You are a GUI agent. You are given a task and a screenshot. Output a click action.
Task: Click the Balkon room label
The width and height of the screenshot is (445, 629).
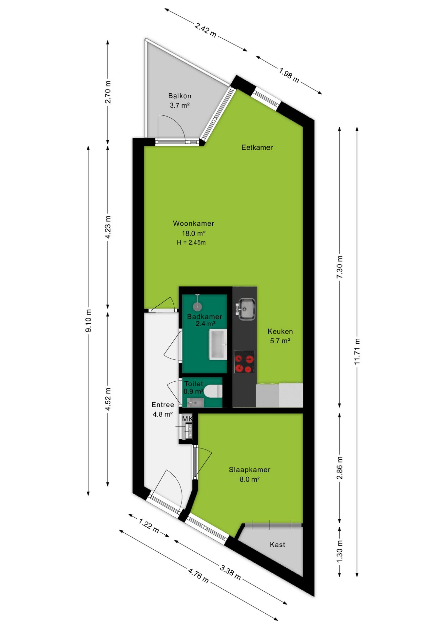pos(180,96)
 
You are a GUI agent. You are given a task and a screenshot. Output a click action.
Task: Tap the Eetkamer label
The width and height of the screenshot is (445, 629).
pos(257,147)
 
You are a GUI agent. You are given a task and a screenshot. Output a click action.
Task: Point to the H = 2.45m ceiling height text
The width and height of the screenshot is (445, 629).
pos(191,242)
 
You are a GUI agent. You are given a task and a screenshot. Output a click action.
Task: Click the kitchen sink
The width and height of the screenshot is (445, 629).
pos(245,309)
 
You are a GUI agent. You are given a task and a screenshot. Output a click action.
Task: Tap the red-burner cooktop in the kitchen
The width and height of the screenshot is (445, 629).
pos(244,362)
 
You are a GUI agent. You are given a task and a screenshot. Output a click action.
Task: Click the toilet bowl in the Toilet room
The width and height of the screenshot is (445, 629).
pos(214,391)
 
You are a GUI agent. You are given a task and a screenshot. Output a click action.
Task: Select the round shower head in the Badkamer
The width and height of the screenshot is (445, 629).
pos(197,306)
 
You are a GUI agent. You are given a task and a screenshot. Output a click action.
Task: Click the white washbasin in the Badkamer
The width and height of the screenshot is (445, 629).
pos(218,344)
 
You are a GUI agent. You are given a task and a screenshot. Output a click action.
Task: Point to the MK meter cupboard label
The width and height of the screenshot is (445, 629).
pos(187,419)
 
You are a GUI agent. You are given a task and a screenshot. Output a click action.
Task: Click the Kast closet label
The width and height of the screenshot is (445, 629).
pos(277,544)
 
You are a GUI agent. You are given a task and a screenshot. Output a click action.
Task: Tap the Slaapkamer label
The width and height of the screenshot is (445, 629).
pos(249,469)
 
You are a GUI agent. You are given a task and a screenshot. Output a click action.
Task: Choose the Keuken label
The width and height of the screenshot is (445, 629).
pos(280,331)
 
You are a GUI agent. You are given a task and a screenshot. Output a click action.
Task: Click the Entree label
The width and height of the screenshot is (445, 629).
pos(163,405)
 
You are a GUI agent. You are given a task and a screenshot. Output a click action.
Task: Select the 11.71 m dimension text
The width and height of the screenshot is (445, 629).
pos(357,351)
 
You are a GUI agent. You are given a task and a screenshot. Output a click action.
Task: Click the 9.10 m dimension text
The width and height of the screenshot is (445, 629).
pos(88,320)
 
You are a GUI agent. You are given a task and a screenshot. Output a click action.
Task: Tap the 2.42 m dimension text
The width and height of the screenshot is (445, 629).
pos(205,30)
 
